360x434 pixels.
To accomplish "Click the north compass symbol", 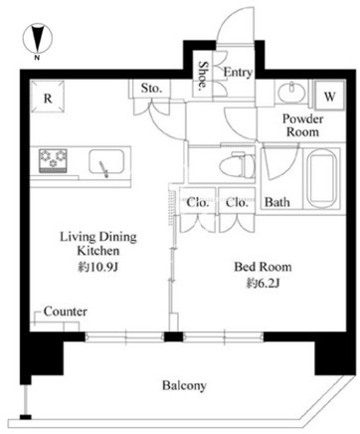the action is tap(38, 39).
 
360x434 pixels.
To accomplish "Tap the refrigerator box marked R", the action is tap(48, 97).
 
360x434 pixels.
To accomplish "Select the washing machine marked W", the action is tap(329, 96).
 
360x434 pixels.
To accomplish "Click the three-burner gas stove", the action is tap(53, 160).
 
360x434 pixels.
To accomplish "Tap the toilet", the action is tap(238, 164).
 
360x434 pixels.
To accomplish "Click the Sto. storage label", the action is tap(151, 88).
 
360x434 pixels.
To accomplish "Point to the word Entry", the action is tap(238, 72).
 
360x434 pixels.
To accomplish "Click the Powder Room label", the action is tap(302, 125).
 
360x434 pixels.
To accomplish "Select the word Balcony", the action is tap(184, 385).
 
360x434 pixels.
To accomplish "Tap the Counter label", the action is tap(66, 312).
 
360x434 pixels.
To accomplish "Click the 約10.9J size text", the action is tap(98, 266).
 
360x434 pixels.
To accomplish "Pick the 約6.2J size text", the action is tap(264, 283).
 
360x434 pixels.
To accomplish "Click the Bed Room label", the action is tap(263, 267).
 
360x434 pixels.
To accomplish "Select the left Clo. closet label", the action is tap(198, 202).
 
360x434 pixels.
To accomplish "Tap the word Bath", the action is tap(277, 202).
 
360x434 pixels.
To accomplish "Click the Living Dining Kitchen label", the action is tap(98, 244).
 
